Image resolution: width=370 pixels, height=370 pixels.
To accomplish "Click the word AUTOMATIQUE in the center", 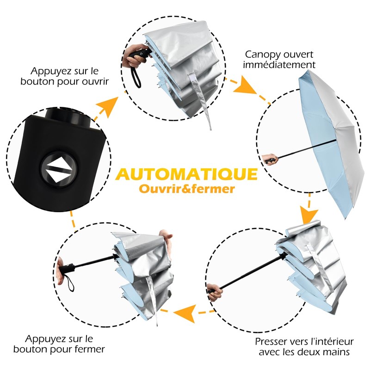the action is click(186, 174).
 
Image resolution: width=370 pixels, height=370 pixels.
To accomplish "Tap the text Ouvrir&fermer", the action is click(187, 189).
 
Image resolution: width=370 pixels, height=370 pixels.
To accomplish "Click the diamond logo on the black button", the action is click(58, 169).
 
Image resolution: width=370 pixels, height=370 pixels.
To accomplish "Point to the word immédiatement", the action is click(279, 64).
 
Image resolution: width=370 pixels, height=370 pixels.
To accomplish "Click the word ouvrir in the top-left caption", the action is click(95, 81).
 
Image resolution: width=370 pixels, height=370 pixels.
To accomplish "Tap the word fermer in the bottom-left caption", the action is click(89, 349).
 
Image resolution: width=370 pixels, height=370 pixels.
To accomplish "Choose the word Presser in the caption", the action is click(271, 341).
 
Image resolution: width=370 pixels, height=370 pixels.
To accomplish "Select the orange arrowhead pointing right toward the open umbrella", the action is click(245, 86).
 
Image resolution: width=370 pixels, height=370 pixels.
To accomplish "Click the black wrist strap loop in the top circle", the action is click(136, 77).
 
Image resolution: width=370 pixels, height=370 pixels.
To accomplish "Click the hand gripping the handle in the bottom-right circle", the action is click(215, 292).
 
